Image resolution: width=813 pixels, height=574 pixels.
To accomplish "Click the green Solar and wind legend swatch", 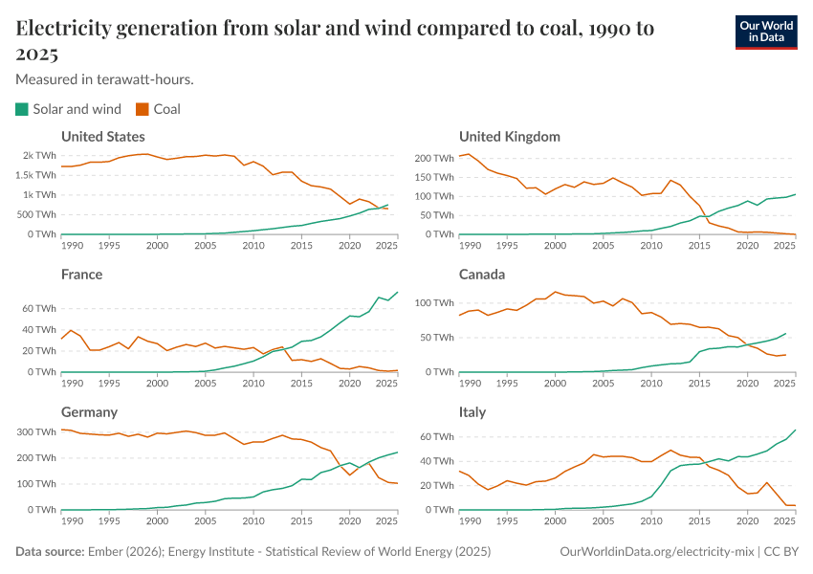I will click(22, 109).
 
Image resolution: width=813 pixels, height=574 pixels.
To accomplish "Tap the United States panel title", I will click(103, 137).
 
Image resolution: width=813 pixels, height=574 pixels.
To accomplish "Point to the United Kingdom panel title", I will click(509, 137).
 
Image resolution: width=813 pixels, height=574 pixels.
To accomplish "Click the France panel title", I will click(81, 275).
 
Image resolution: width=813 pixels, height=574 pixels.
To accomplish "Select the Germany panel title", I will click(89, 412).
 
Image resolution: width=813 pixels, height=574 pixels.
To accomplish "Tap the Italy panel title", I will click(472, 412).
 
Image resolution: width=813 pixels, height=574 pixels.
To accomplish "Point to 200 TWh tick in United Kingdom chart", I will click(431, 157).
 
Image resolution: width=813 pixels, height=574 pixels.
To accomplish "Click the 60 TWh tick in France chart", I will click(39, 309).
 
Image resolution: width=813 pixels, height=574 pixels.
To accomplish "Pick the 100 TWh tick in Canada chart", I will click(431, 302).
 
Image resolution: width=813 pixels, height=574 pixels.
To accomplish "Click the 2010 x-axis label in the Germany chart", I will click(253, 520).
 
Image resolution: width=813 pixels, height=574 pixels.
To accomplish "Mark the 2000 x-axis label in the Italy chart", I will click(555, 520).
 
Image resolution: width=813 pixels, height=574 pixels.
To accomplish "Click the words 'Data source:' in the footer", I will click(47, 552).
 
